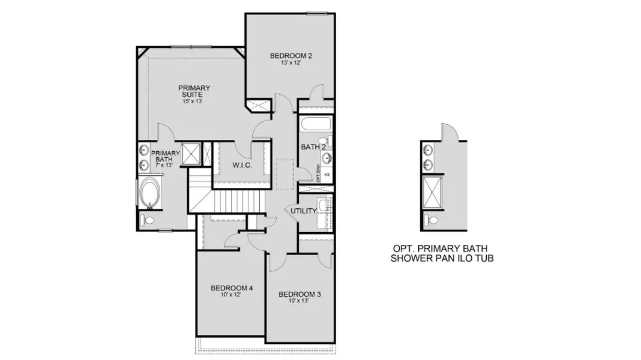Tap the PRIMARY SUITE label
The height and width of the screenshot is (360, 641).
(194, 91)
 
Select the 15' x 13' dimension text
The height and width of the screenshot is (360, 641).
(194, 101)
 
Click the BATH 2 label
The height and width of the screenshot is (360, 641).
(313, 146)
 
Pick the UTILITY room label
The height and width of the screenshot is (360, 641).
(302, 211)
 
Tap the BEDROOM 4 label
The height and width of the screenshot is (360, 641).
(232, 289)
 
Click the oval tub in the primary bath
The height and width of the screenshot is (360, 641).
(149, 193)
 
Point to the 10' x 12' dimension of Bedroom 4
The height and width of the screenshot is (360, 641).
(232, 296)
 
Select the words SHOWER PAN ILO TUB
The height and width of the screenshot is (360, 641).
(444, 259)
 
